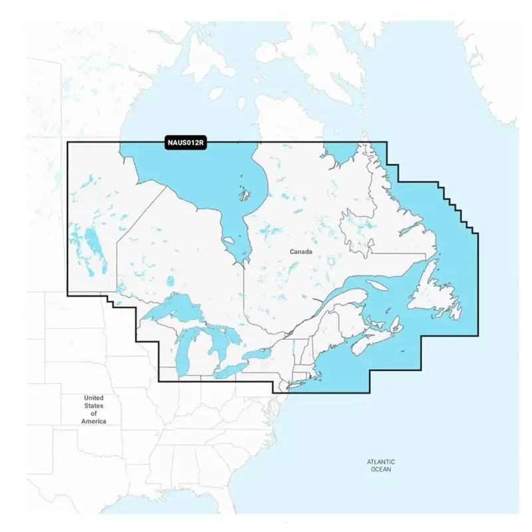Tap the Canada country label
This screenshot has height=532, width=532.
click(301, 251)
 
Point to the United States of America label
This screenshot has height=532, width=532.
click(93, 410)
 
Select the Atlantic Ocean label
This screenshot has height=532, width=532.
click(381, 465)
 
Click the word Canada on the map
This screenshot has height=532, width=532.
click(301, 251)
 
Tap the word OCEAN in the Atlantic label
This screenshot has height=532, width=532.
click(381, 469)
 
